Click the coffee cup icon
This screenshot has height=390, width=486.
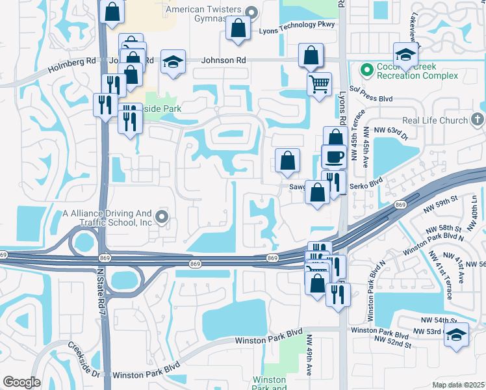pyautogui.click(x=334, y=157)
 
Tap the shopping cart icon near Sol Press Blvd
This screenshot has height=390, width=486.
pyautogui.click(x=319, y=83)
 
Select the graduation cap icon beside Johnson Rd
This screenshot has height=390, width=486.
pyautogui.click(x=173, y=62)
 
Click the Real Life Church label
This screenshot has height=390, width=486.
pyautogui.click(x=435, y=120)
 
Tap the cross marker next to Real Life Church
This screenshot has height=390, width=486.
pyautogui.click(x=477, y=120)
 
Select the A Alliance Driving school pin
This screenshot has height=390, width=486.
pyautogui.click(x=162, y=217)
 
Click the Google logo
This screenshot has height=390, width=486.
pyautogui.click(x=21, y=382)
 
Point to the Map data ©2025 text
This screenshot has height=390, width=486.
pyautogui.click(x=457, y=384)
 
